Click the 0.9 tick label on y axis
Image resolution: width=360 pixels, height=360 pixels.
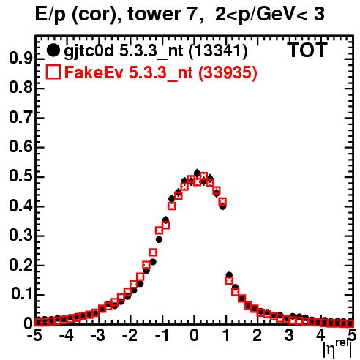20,59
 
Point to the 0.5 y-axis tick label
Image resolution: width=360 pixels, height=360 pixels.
20,176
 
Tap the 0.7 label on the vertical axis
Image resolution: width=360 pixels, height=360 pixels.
20,117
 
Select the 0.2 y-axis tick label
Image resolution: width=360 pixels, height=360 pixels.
20,265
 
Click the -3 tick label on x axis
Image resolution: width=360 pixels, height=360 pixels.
97,336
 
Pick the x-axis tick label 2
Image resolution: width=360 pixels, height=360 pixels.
258,336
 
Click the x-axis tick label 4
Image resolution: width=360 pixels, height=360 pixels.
321,336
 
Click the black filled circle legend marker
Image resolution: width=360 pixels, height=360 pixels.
53,50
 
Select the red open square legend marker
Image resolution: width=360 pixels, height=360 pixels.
53,72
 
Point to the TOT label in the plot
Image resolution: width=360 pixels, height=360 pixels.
308,50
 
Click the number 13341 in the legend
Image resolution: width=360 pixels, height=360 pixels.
218,50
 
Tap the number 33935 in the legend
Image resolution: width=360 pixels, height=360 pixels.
228,72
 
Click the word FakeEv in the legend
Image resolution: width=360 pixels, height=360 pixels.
94,72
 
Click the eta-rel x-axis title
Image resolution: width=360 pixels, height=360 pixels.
337,348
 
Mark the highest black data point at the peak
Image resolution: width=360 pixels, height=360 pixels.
197,173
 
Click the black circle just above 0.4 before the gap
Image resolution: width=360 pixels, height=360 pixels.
222,206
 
